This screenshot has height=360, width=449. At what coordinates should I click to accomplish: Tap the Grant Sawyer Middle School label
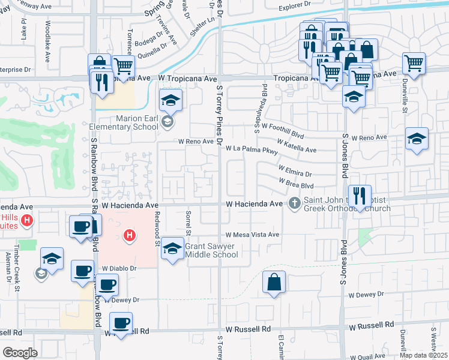211,250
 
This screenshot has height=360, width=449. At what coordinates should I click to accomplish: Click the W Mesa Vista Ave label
253,235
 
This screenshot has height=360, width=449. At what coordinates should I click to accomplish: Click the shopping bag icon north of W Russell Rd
274,283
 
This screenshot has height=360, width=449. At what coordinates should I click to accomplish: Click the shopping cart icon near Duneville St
414,62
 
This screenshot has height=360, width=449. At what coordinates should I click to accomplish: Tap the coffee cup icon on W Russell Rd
121,323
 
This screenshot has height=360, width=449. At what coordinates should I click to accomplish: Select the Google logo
20,353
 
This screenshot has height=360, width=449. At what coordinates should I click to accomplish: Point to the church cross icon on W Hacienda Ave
294,203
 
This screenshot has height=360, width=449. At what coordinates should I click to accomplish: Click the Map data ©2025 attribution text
423,355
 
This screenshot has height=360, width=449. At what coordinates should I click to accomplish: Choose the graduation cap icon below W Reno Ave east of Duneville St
417,139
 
